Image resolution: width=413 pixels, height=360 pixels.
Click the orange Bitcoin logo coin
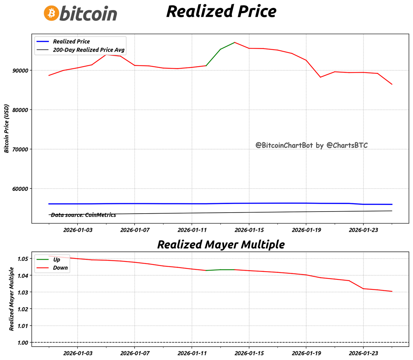[x=51, y=13]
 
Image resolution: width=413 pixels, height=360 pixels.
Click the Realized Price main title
[x=221, y=11]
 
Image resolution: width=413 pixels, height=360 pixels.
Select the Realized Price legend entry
[x=71, y=41]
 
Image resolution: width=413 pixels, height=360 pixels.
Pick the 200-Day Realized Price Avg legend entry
[x=88, y=50]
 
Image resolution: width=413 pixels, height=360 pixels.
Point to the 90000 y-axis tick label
[x=20, y=71]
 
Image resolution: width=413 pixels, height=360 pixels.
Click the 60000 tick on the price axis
[x=20, y=189]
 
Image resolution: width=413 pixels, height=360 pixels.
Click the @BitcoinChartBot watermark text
[x=311, y=145]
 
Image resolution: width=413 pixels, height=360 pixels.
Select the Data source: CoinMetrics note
[x=83, y=215]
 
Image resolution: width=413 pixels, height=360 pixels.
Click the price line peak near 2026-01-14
[x=234, y=42]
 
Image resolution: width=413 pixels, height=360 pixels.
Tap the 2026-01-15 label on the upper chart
[x=249, y=230]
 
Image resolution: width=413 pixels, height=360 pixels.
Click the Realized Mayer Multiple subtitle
[x=221, y=244]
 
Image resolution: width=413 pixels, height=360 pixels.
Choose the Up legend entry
[x=56, y=259]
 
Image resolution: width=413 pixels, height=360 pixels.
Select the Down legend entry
[x=60, y=268]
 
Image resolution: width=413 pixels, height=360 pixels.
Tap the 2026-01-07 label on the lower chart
[x=134, y=353]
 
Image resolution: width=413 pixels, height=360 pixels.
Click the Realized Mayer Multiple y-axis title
[x=11, y=299]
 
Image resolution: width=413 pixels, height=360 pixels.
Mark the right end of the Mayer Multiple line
[x=392, y=291]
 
